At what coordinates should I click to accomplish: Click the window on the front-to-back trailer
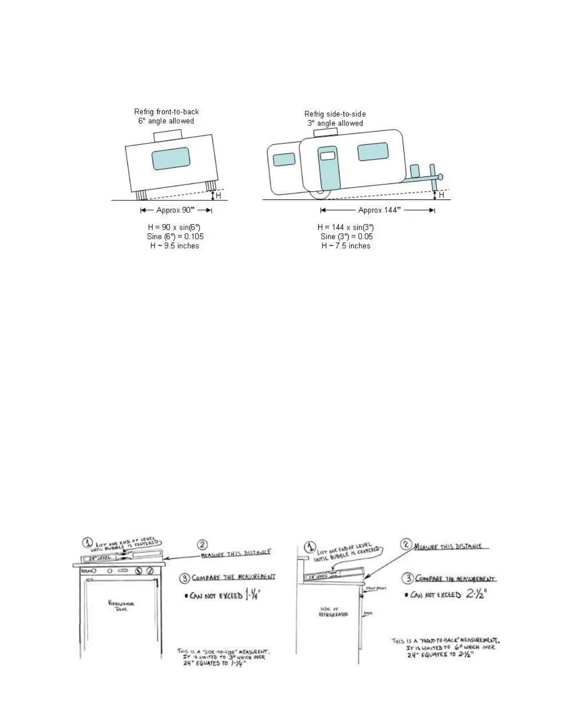point(171,158)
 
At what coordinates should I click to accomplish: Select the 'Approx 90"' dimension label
point(175,210)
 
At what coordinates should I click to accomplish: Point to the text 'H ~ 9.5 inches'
point(174,246)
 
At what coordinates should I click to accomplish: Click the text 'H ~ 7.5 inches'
point(345,246)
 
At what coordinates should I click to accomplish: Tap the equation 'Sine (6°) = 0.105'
point(175,237)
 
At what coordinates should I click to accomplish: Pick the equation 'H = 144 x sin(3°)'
point(345,227)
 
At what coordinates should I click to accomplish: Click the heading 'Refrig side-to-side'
point(335,114)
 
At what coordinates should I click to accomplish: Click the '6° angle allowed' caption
point(166,121)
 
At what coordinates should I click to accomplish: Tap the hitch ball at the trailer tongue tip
point(440,176)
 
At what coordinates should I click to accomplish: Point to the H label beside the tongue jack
point(442,195)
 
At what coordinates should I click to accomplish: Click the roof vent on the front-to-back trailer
point(167,135)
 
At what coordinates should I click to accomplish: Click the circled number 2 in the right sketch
point(406,545)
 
